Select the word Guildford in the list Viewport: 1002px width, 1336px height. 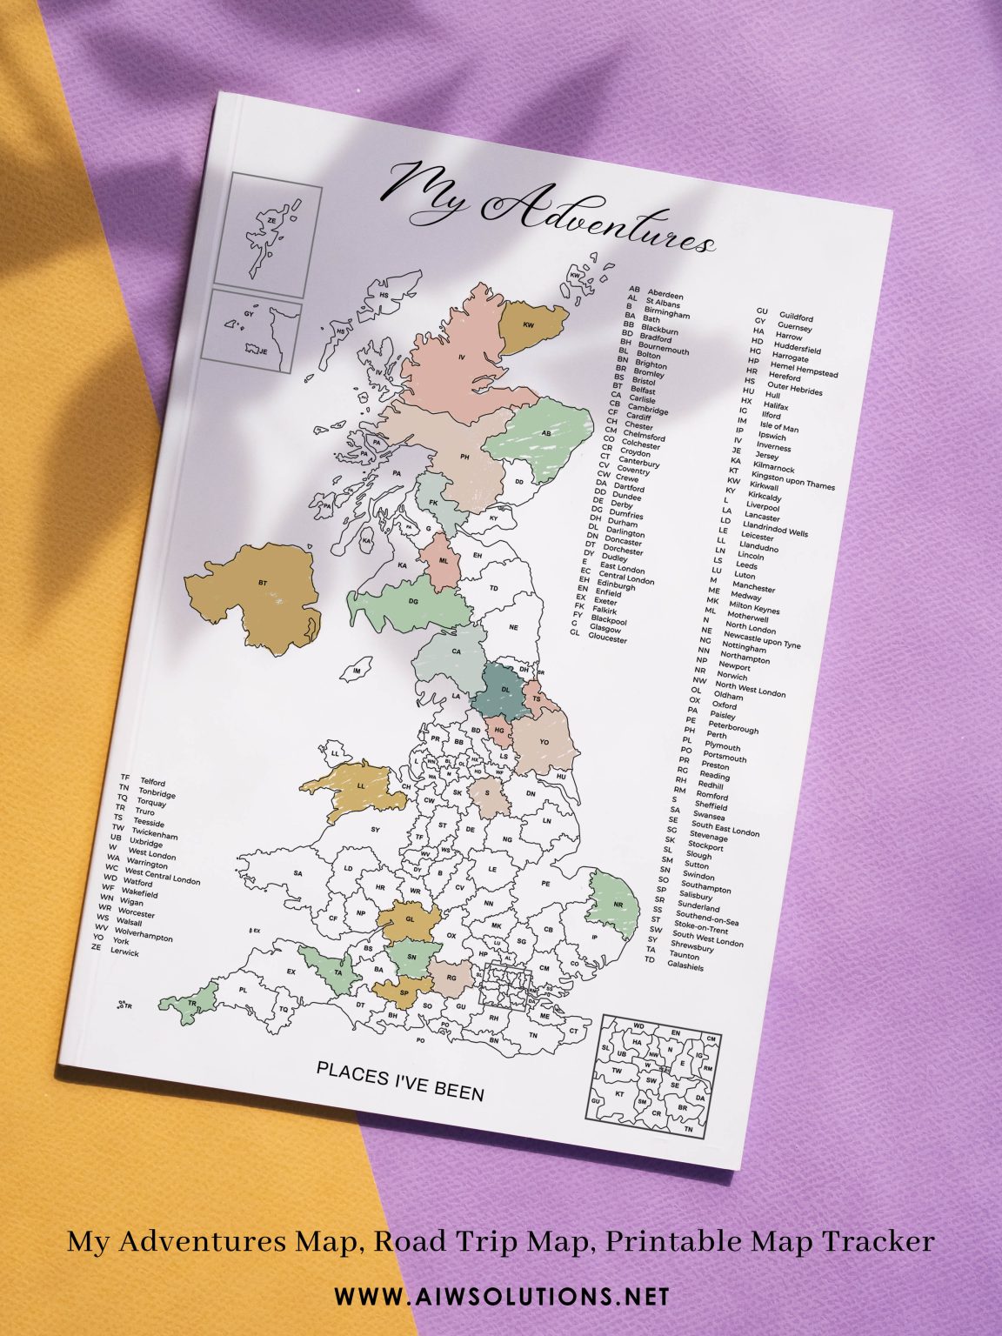tap(796, 318)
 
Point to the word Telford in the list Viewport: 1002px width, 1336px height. tap(152, 783)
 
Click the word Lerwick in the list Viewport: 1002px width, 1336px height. tap(124, 952)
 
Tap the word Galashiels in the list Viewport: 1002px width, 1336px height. tap(685, 965)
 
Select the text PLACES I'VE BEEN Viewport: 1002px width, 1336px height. tap(400, 1081)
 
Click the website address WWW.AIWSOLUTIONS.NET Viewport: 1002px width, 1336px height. tap(502, 1297)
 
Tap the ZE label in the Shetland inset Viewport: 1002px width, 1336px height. tap(271, 221)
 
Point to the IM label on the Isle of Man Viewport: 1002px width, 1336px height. tap(356, 671)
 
